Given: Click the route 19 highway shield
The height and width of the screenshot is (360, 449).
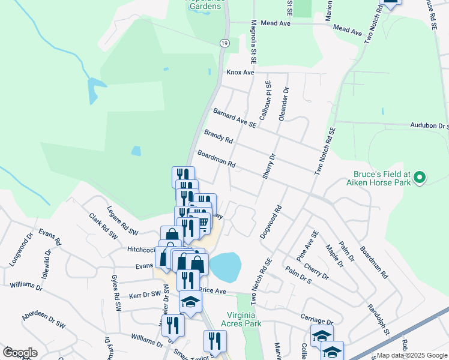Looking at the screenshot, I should click(x=224, y=43).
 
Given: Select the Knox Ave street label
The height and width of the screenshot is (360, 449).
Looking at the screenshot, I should click(x=240, y=72).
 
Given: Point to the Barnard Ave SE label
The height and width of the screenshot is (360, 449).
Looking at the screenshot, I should click(x=235, y=118).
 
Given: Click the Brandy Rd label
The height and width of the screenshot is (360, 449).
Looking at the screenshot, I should click(x=218, y=136).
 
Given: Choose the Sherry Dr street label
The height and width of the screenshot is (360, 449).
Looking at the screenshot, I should click(x=268, y=165).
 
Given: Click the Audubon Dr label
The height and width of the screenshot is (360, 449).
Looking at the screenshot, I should click(x=430, y=126).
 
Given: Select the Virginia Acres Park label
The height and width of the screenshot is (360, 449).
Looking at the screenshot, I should click(x=245, y=319).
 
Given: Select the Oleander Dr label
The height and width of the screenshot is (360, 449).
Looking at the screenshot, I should click(x=285, y=104).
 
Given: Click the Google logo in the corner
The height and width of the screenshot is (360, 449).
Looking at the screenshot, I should click(x=20, y=353).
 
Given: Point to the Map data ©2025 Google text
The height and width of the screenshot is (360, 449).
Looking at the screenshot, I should click(x=412, y=355).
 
